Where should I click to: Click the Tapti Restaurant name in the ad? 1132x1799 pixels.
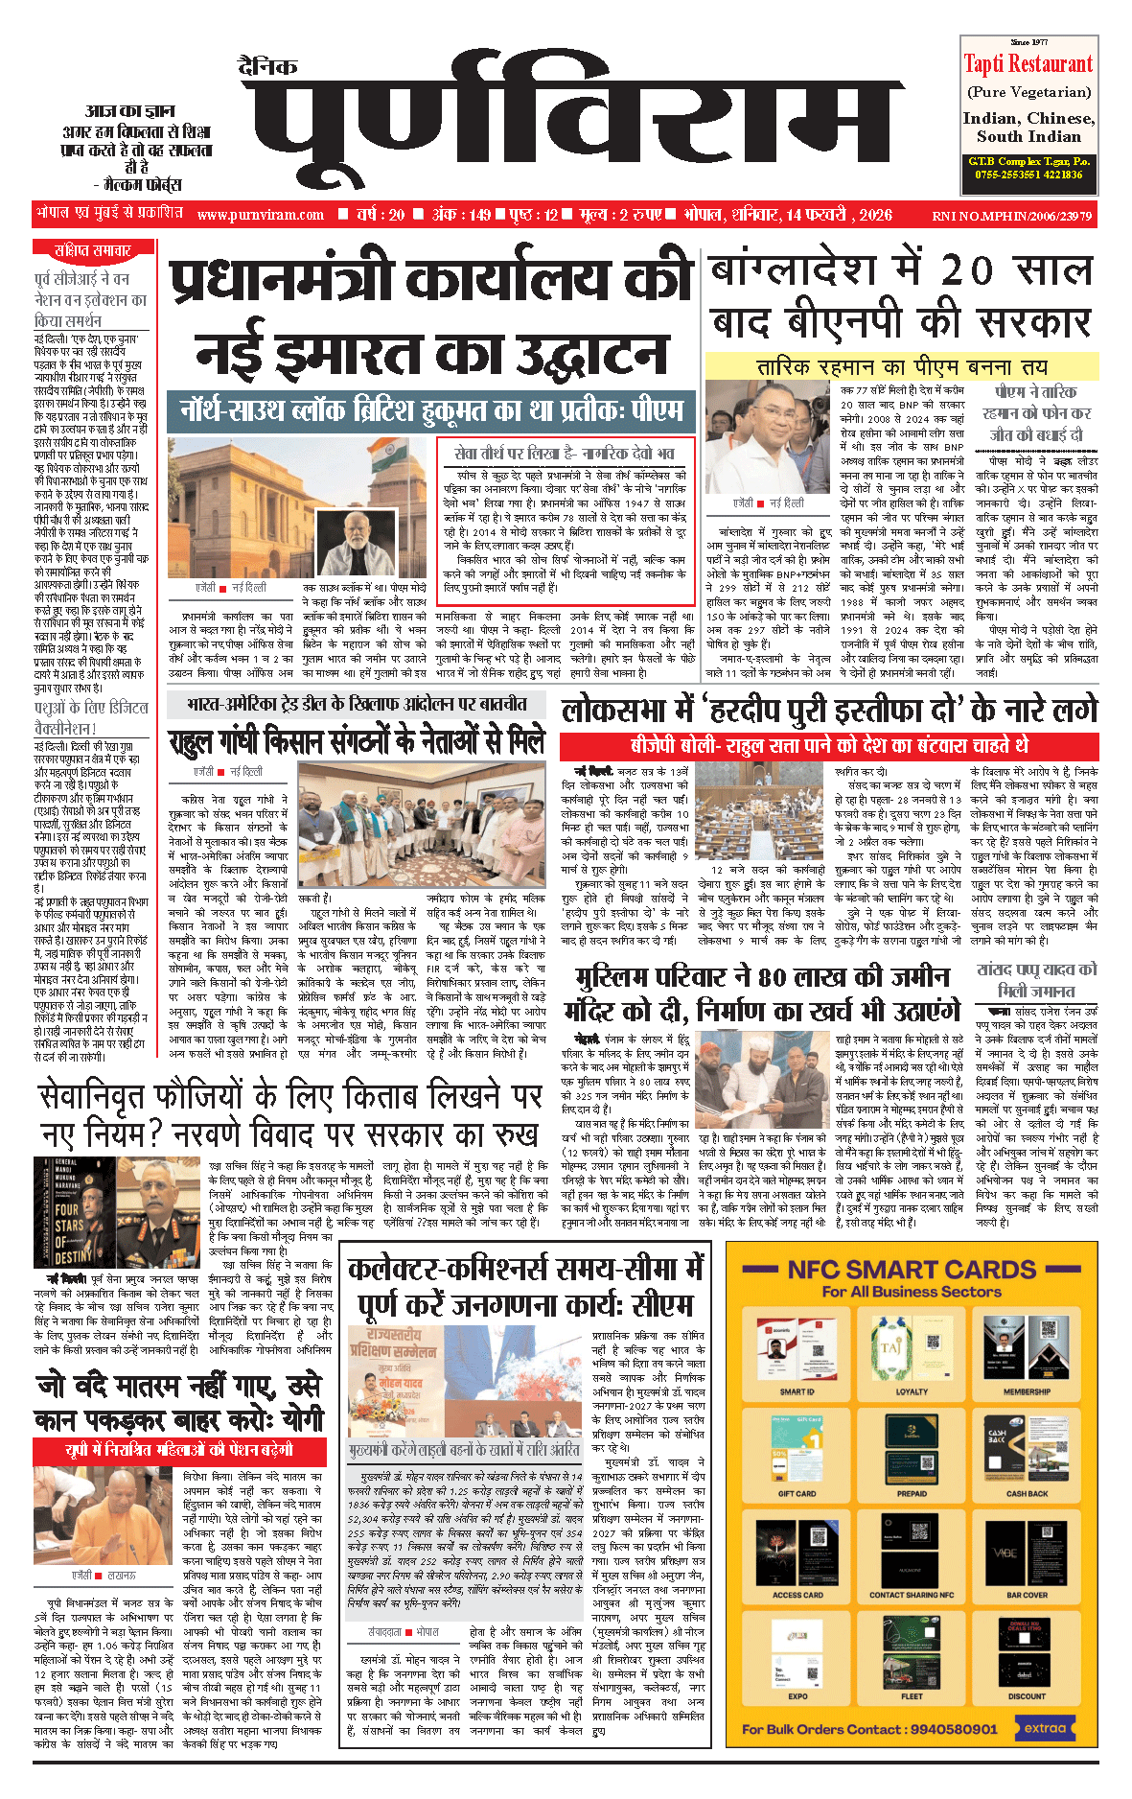tap(1028, 64)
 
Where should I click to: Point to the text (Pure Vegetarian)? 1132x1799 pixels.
tap(1028, 92)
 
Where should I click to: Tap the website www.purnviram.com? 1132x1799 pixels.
tap(261, 215)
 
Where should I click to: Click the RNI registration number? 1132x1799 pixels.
tap(1011, 216)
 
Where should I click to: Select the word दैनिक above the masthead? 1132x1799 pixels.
tap(268, 66)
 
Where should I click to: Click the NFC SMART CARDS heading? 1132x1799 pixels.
tap(912, 1270)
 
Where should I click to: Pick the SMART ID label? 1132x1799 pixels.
tap(797, 1391)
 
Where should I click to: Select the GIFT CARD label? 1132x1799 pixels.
tap(797, 1493)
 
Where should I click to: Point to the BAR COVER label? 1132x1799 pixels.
tap(1027, 1595)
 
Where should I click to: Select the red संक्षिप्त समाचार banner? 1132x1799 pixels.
tap(93, 250)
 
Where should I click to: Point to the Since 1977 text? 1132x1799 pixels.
tap(1028, 42)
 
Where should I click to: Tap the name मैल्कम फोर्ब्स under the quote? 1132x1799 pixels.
tap(144, 184)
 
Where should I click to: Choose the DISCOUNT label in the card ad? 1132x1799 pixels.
tap(1027, 1696)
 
